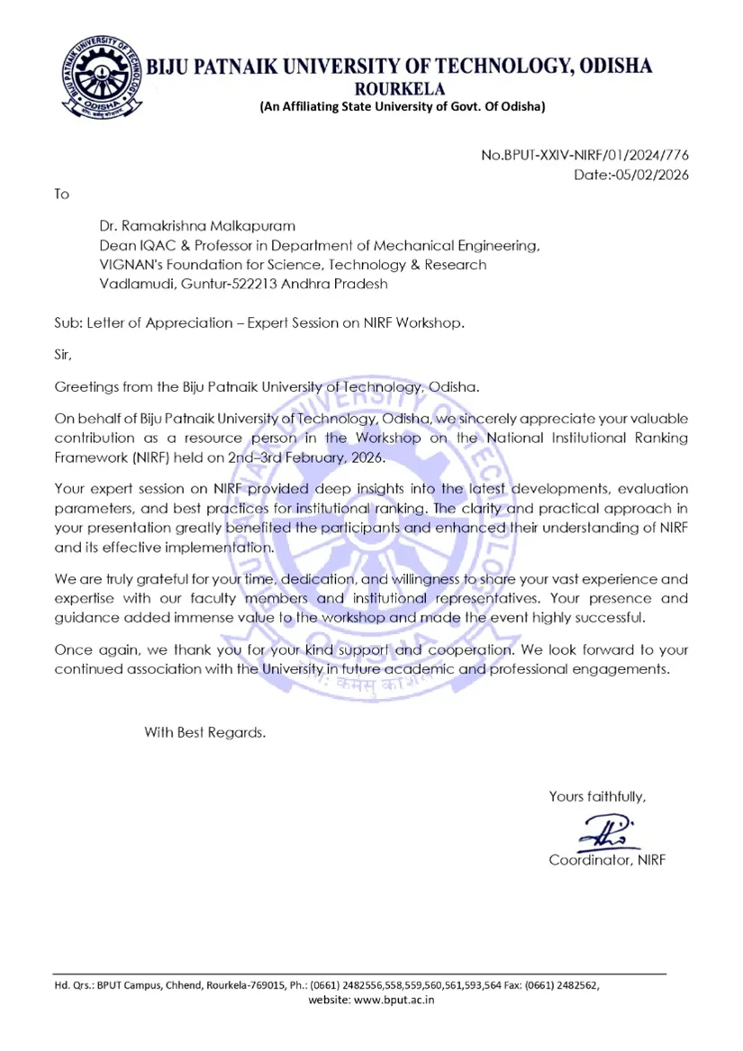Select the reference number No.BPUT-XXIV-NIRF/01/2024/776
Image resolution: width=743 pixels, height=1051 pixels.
[584, 156]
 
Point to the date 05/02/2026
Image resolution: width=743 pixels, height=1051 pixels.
[652, 175]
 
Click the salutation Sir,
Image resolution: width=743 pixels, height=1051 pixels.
[63, 355]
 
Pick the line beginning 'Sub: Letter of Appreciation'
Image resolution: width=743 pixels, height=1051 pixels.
[259, 322]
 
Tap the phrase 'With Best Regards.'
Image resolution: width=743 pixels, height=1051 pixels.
[205, 732]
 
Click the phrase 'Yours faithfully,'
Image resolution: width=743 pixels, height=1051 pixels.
[597, 796]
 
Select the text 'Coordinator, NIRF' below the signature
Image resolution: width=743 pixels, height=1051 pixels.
[607, 860]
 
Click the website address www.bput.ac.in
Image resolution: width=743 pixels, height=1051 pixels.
[395, 1001]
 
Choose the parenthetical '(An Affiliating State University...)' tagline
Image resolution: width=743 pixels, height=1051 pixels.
[402, 107]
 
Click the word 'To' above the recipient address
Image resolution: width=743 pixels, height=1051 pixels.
[61, 194]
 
